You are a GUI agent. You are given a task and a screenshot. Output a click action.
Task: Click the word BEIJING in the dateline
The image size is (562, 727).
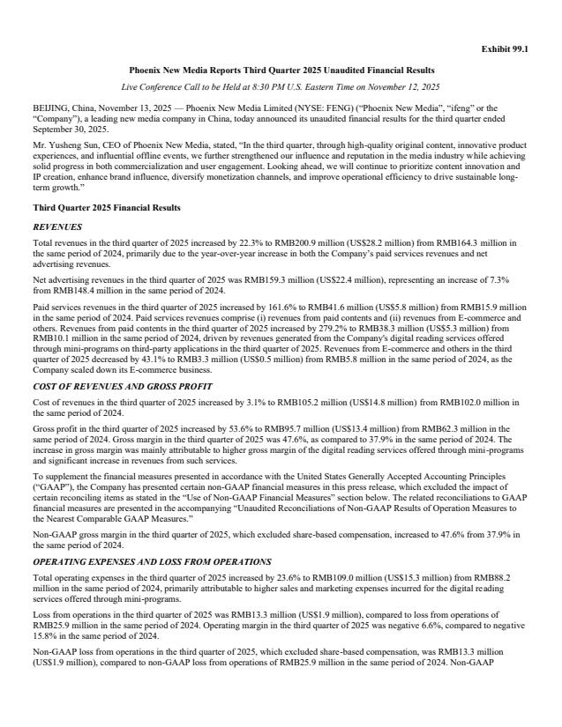pyautogui.click(x=48, y=104)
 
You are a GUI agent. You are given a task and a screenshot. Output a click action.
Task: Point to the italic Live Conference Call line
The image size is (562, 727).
pyautogui.click(x=281, y=86)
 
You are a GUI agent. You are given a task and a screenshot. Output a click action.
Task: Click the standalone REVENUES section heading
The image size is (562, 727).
pyautogui.click(x=57, y=226)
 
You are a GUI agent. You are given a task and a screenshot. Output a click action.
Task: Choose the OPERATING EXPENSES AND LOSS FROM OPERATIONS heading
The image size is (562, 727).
pyautogui.click(x=152, y=560)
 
